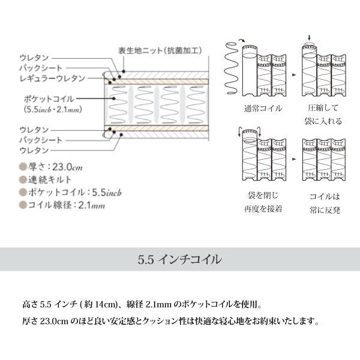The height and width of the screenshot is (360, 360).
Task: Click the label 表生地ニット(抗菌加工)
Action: click(160, 51)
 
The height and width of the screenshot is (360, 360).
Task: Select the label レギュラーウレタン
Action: click(53, 78)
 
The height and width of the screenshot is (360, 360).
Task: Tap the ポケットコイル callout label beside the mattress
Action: click(49, 99)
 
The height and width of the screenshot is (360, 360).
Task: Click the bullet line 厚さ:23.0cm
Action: click(55, 167)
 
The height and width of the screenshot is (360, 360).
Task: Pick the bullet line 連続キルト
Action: click(50, 179)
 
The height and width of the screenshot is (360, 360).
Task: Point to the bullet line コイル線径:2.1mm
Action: click(67, 205)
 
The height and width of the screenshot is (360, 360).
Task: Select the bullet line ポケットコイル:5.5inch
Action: click(74, 193)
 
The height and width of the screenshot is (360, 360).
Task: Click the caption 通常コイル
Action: click(263, 108)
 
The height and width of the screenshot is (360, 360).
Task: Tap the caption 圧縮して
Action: click(323, 107)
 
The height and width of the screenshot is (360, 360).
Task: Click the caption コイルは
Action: click(325, 197)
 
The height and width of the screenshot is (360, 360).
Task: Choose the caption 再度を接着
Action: click(263, 209)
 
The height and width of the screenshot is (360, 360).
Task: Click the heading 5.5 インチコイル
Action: click(180, 259)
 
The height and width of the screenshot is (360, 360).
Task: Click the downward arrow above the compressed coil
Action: click(309, 38)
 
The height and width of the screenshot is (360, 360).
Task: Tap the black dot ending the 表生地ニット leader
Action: click(124, 71)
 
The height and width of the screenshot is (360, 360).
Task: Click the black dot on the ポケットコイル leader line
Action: click(113, 98)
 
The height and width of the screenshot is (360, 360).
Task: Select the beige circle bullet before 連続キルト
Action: click(23, 179)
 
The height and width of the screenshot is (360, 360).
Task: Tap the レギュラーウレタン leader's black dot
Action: click(110, 82)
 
